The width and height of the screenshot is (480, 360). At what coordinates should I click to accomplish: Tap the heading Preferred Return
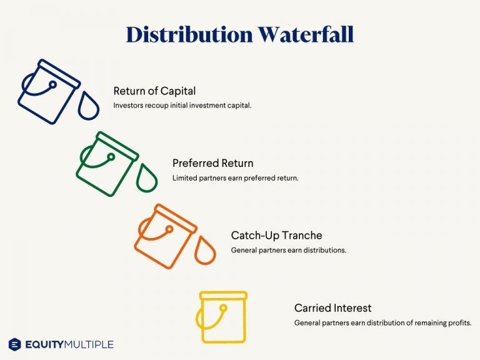212,163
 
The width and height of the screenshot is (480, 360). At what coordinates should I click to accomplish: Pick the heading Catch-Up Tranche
276,236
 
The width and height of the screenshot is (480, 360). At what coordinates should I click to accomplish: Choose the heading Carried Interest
332,308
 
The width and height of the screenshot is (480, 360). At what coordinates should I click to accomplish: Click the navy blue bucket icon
47,91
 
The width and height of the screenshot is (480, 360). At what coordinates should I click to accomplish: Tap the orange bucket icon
164,236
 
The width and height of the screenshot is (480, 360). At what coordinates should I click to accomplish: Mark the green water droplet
147,179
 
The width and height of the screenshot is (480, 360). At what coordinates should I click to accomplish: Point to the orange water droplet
204,251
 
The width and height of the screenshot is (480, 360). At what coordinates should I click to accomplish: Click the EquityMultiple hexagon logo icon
15,344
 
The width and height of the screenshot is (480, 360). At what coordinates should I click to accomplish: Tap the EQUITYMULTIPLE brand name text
69,344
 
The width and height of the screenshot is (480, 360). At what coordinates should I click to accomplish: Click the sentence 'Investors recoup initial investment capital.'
182,105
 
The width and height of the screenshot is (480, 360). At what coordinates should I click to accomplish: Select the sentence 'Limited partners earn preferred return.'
235,177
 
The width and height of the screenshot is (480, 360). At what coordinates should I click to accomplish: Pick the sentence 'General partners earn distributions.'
288,250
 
